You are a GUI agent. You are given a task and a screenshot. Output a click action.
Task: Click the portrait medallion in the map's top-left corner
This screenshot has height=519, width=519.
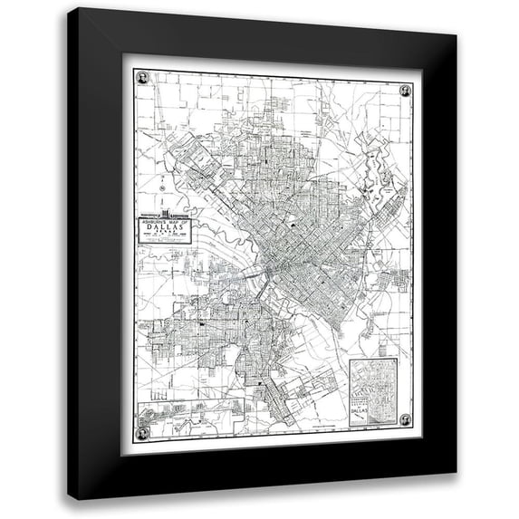(143, 78)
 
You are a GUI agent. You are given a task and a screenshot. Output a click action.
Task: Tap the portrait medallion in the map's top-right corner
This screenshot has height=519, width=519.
(405, 90)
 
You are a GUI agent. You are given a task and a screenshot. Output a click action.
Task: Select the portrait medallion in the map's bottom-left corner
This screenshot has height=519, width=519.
(142, 432)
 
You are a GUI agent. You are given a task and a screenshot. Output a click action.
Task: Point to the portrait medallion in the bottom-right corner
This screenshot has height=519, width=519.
(405, 419)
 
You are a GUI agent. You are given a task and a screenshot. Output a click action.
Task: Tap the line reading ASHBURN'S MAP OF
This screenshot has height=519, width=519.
(165, 223)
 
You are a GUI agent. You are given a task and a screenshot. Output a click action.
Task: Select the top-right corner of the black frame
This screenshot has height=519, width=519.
(455, 33)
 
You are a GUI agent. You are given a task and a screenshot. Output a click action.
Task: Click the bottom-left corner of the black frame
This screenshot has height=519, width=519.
(72, 495)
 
